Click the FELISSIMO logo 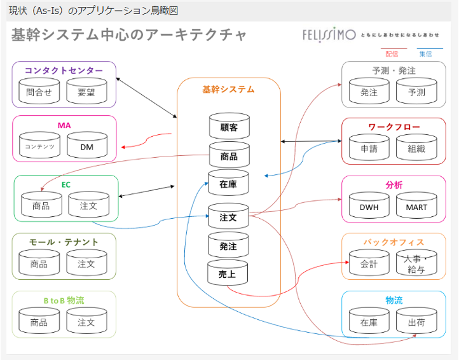329,34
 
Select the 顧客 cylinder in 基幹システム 229,127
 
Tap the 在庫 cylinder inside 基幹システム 228,183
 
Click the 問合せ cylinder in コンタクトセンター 39,92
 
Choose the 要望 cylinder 86,92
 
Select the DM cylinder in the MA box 87,146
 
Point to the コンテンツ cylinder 39,146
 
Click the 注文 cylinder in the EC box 88,205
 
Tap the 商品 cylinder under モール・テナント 39,263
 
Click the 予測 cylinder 416,92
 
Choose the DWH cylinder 369,206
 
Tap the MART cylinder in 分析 416,206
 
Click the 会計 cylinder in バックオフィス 369,263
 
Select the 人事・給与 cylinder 416,263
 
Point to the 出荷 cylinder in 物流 416,322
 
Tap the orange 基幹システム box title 228,90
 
